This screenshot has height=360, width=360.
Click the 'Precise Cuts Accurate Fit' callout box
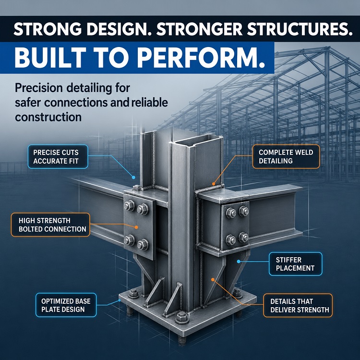pos(58,156)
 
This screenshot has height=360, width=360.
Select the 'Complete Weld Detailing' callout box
pos(286,156)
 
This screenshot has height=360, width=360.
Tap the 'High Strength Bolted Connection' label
pos(50,225)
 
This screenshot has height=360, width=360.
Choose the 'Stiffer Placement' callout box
pos(296,264)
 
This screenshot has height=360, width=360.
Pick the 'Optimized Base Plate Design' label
pos(66,305)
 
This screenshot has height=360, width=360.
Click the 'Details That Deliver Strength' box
pos(298,305)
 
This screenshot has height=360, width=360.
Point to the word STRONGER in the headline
pos(199,29)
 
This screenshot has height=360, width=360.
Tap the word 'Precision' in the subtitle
pos(38,88)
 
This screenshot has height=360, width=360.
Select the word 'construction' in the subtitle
pos(48,117)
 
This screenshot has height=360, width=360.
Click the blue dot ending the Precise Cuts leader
pos(133,177)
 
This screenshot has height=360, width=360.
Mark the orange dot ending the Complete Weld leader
pos(214,184)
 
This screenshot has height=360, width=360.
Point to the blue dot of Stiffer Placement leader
pos(239,262)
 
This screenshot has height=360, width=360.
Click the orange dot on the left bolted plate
pos(136,228)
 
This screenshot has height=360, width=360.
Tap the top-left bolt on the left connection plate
pos(130,205)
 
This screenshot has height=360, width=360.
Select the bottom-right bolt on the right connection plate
pos(243,238)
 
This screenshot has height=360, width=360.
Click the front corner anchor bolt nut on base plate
pos(182,318)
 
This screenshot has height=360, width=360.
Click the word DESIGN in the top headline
pos(117,29)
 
